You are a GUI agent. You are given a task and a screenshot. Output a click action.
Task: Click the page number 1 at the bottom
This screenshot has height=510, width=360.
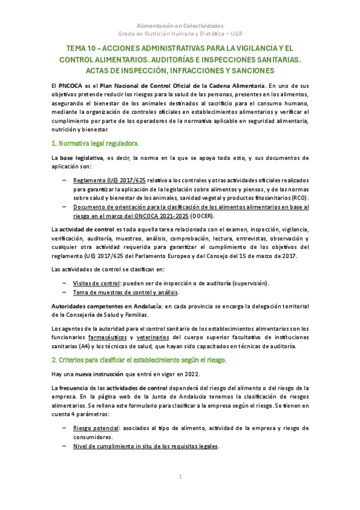(180, 477)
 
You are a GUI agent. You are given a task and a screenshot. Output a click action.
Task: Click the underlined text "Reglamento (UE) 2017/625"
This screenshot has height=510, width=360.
(109, 180)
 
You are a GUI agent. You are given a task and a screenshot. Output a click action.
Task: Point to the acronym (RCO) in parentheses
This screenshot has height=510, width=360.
(297, 197)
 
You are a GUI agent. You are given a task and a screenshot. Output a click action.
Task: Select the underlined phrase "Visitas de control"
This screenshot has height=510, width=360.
(95, 283)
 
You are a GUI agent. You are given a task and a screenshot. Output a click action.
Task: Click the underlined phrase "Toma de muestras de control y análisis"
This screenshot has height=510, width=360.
(126, 292)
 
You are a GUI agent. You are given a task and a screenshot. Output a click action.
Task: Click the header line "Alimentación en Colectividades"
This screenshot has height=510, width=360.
(180, 26)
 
